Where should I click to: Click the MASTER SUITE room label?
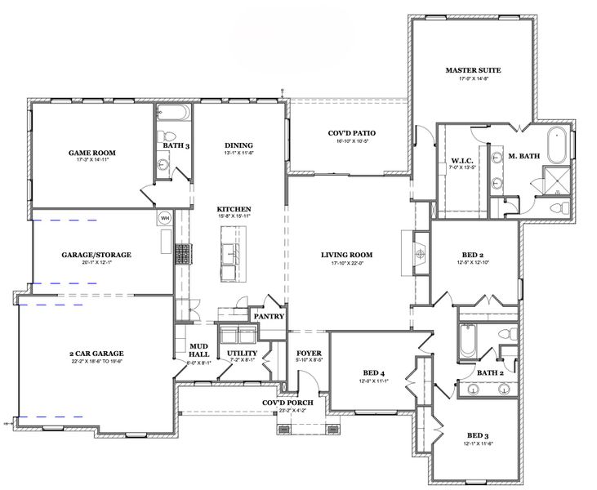click(473, 70)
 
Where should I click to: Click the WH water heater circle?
click(164, 218)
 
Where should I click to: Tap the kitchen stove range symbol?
click(180, 254)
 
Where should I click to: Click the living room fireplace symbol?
click(418, 254)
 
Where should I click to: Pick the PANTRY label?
click(269, 315)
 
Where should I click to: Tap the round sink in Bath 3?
click(163, 166)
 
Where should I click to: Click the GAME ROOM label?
click(91, 153)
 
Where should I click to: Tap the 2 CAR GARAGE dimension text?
click(96, 361)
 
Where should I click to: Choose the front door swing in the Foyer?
click(306, 379)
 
